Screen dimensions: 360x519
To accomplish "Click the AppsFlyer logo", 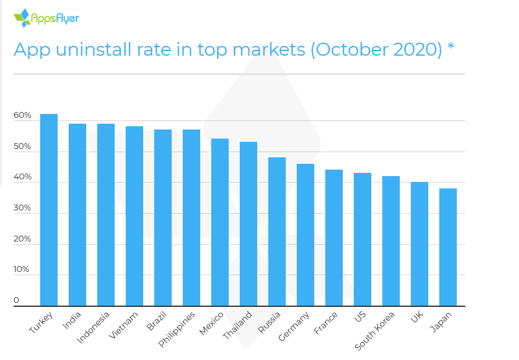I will click(x=46, y=17).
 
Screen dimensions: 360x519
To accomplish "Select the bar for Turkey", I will click(x=49, y=210).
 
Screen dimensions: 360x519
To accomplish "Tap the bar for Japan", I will click(x=448, y=247).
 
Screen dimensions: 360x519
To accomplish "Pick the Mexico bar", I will click(x=220, y=222).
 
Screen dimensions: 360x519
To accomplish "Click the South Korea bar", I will click(x=391, y=241).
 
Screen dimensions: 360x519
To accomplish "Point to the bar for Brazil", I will click(x=163, y=218).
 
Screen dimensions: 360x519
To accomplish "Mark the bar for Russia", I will click(x=277, y=231).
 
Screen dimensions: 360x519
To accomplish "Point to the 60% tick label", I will click(x=22, y=116).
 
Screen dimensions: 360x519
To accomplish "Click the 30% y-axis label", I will click(x=22, y=208).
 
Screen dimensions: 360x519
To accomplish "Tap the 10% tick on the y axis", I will click(x=22, y=269).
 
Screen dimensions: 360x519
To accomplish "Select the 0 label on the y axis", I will click(x=17, y=300).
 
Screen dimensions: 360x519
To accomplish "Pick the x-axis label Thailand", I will click(x=237, y=326).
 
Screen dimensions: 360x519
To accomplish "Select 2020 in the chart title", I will click(x=414, y=49).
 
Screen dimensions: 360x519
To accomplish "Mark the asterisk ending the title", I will click(x=450, y=47).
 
